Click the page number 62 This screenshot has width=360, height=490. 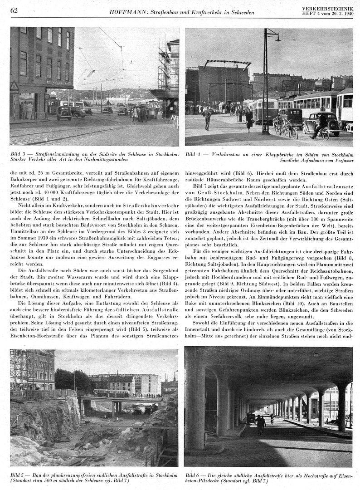click(x=14, y=10)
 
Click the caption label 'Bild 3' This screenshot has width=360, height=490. click(x=18, y=154)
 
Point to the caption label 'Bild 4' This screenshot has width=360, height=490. click(x=194, y=154)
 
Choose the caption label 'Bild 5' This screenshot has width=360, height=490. click(x=18, y=474)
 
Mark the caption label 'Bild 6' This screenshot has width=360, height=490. click(x=194, y=474)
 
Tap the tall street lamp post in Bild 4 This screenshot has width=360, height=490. click(x=265, y=82)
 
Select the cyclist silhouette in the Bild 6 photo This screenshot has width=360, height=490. click(x=260, y=424)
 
